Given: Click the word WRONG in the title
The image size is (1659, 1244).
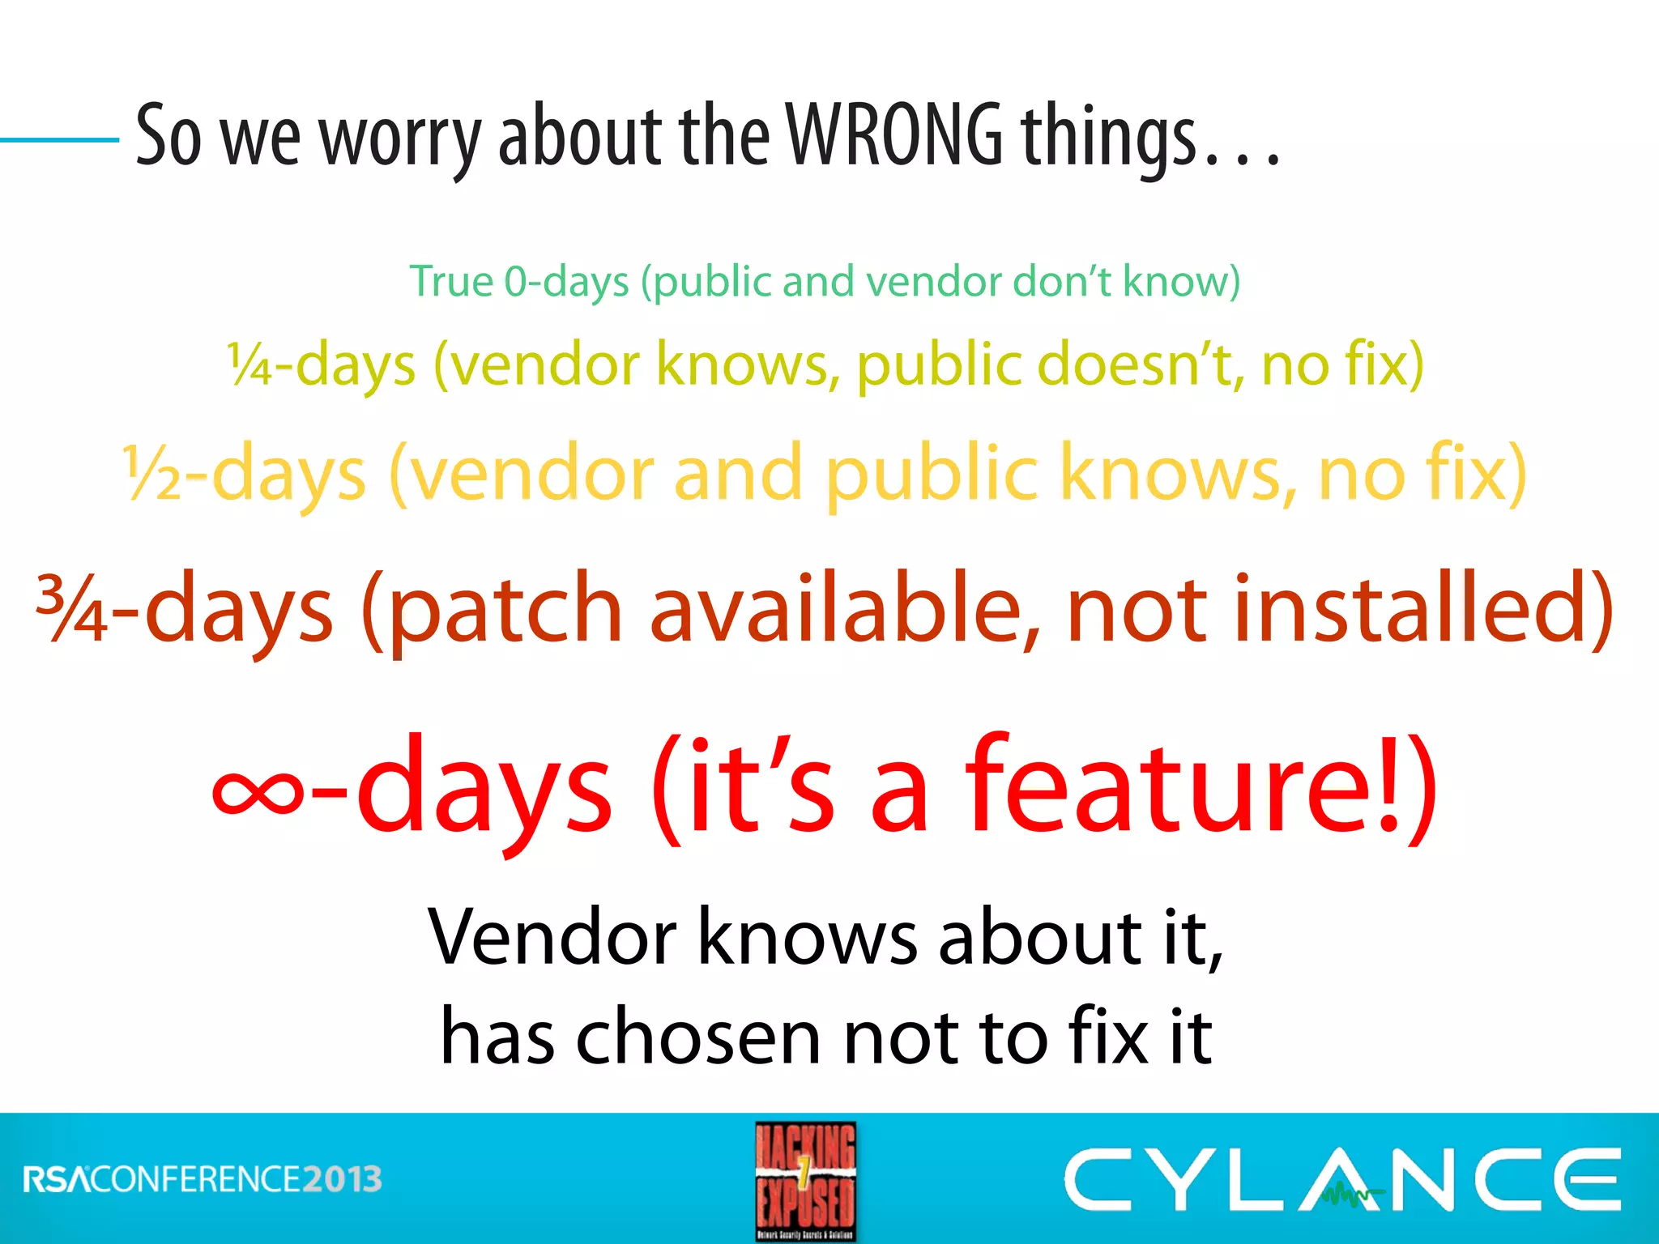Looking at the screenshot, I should tap(895, 136).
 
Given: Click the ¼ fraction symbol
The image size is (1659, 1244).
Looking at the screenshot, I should tap(249, 364).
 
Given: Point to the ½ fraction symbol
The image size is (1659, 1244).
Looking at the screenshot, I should tap(152, 475).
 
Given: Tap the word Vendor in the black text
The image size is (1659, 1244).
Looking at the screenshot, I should tap(552, 938).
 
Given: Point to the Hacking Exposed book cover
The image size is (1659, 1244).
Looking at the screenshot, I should tap(805, 1181).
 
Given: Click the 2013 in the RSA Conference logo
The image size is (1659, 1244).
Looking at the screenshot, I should tap(342, 1179).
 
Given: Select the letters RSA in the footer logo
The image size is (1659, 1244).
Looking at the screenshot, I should tap(57, 1179).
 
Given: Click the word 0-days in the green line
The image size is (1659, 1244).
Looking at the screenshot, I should tap(566, 282).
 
